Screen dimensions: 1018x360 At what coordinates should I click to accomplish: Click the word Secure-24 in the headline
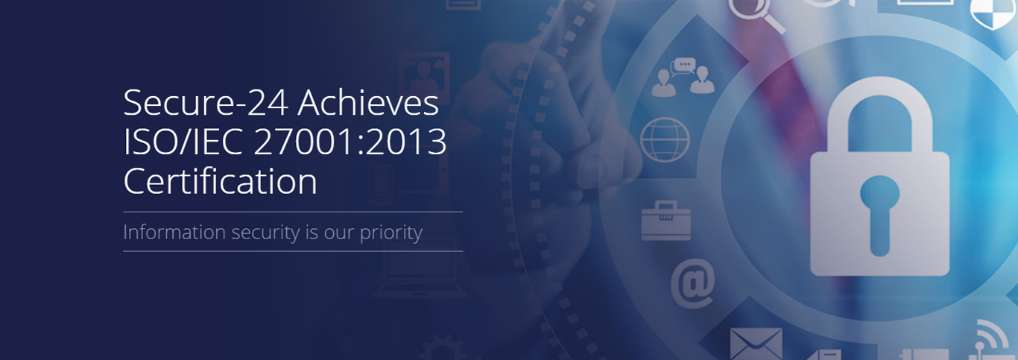click(206, 103)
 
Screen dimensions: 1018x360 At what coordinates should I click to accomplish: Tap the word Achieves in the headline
click(368, 102)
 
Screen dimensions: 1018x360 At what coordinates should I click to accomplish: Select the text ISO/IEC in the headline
click(183, 142)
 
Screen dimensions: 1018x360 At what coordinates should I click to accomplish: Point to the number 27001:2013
click(350, 142)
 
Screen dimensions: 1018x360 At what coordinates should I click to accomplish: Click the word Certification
click(220, 181)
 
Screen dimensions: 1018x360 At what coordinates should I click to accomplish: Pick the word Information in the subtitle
click(174, 232)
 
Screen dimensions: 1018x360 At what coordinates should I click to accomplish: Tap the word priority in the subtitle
click(391, 233)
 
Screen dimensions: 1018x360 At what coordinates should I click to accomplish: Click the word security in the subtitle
click(266, 233)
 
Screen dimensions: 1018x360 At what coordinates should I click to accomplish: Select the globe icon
click(665, 139)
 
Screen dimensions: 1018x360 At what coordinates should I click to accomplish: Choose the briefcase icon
click(666, 221)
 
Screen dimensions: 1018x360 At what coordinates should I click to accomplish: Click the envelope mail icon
click(756, 344)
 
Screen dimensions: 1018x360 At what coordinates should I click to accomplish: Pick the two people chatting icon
click(683, 77)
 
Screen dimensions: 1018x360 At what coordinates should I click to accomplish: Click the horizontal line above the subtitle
click(293, 212)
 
